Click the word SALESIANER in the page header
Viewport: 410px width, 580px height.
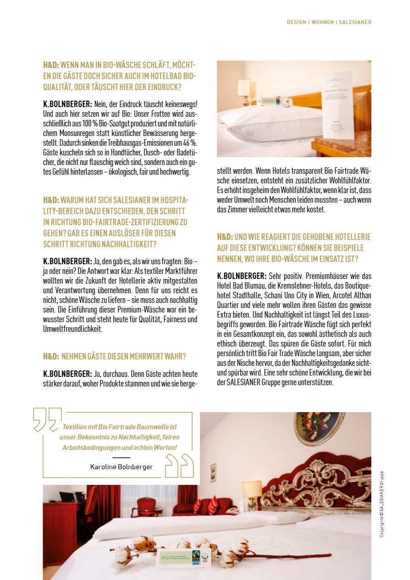point(355,22)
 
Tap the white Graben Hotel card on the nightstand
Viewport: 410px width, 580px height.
point(337,105)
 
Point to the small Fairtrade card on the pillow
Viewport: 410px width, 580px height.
point(272,100)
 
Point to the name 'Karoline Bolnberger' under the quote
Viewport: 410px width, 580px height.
point(121,466)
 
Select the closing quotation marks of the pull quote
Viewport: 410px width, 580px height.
point(179,466)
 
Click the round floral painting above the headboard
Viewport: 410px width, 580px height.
point(315,427)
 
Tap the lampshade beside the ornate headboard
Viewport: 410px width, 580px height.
point(251,489)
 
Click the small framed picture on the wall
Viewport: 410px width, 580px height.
point(213,472)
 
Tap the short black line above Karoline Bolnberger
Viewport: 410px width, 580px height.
point(121,458)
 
